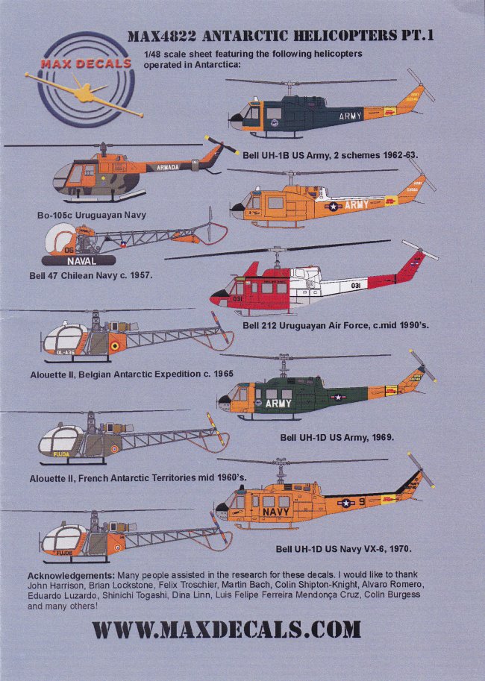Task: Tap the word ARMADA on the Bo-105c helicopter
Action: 167,168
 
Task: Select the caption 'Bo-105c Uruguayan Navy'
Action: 93,215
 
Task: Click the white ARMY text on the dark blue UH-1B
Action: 350,116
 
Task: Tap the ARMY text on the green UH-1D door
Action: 278,403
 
